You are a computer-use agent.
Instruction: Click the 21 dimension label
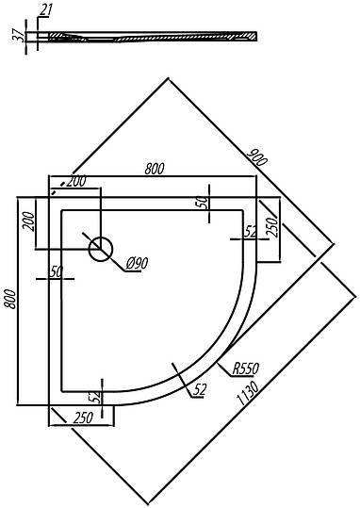point(46,9)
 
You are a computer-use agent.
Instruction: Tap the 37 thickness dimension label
point(18,35)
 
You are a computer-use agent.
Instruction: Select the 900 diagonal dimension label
point(257,156)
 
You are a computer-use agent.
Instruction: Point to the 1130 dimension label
point(248,393)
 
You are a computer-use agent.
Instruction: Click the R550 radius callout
point(246,369)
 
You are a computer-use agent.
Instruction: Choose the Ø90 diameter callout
point(137,263)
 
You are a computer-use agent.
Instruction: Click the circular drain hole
point(101,249)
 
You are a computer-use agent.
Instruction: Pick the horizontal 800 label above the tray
point(155,169)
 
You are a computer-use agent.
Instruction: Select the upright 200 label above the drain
point(75,182)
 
